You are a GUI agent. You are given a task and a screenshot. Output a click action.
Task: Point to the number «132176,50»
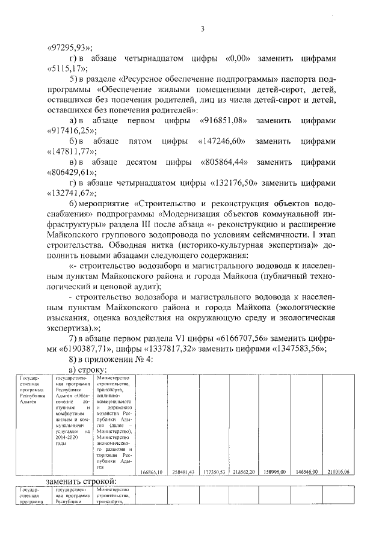click(235, 183)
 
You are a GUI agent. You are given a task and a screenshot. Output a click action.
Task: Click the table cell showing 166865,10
click(151, 472)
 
